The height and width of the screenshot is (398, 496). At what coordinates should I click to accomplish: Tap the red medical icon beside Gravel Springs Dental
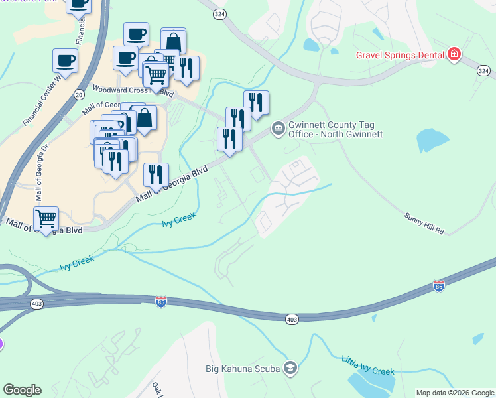[454, 54]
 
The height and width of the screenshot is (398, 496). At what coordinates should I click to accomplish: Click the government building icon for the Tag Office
[278, 129]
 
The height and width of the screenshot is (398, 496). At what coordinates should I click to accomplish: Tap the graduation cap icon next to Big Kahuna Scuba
[290, 367]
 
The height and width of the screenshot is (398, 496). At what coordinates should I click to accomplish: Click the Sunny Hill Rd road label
[424, 224]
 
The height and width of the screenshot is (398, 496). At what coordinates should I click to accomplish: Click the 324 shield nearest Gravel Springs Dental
[483, 70]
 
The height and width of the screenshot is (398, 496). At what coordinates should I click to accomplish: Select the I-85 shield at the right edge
[438, 286]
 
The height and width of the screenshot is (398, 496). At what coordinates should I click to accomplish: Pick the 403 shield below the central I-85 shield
[292, 319]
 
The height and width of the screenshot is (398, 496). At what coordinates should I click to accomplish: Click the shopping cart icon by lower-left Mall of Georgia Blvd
[46, 218]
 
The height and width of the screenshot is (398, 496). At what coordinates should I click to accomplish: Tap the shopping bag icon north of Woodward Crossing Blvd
[173, 41]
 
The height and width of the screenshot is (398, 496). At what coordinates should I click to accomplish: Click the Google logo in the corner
[22, 390]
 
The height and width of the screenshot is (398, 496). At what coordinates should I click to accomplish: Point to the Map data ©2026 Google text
[455, 393]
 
